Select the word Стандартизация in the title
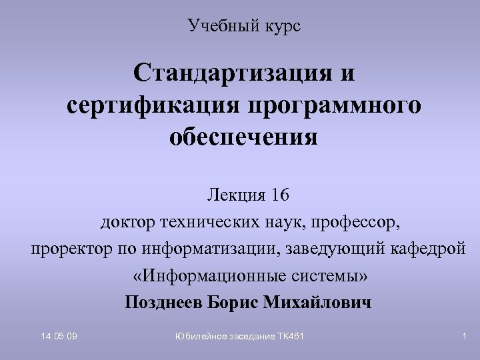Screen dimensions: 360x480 coord(229,73)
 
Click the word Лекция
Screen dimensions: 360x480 coord(233,195)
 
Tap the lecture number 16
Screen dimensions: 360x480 coord(281,195)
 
